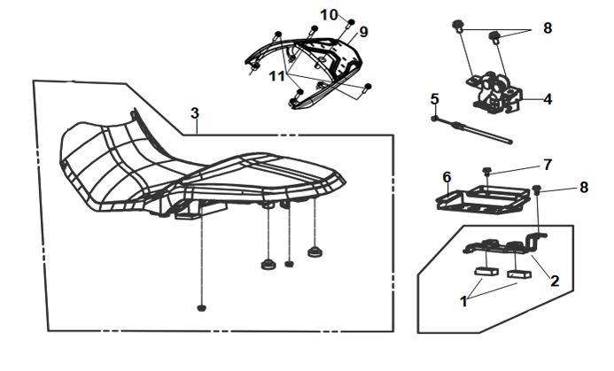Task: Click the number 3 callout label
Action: tap(195, 113)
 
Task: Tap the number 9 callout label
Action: tap(363, 32)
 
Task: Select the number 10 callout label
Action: tap(329, 15)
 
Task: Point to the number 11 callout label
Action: tap(278, 77)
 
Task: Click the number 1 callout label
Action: tap(462, 301)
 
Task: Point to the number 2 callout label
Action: tap(555, 281)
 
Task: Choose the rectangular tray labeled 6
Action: tap(483, 199)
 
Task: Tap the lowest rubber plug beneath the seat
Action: tap(201, 308)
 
